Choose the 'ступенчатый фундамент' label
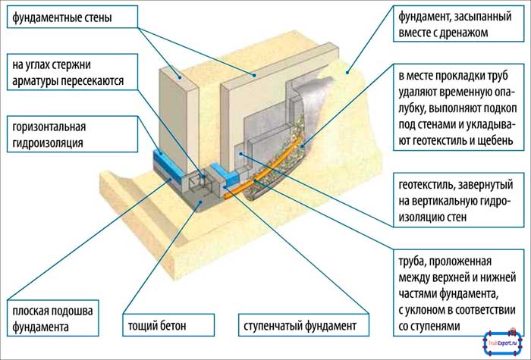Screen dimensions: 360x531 pos(296,327)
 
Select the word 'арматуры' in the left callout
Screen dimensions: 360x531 pos(35,80)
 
